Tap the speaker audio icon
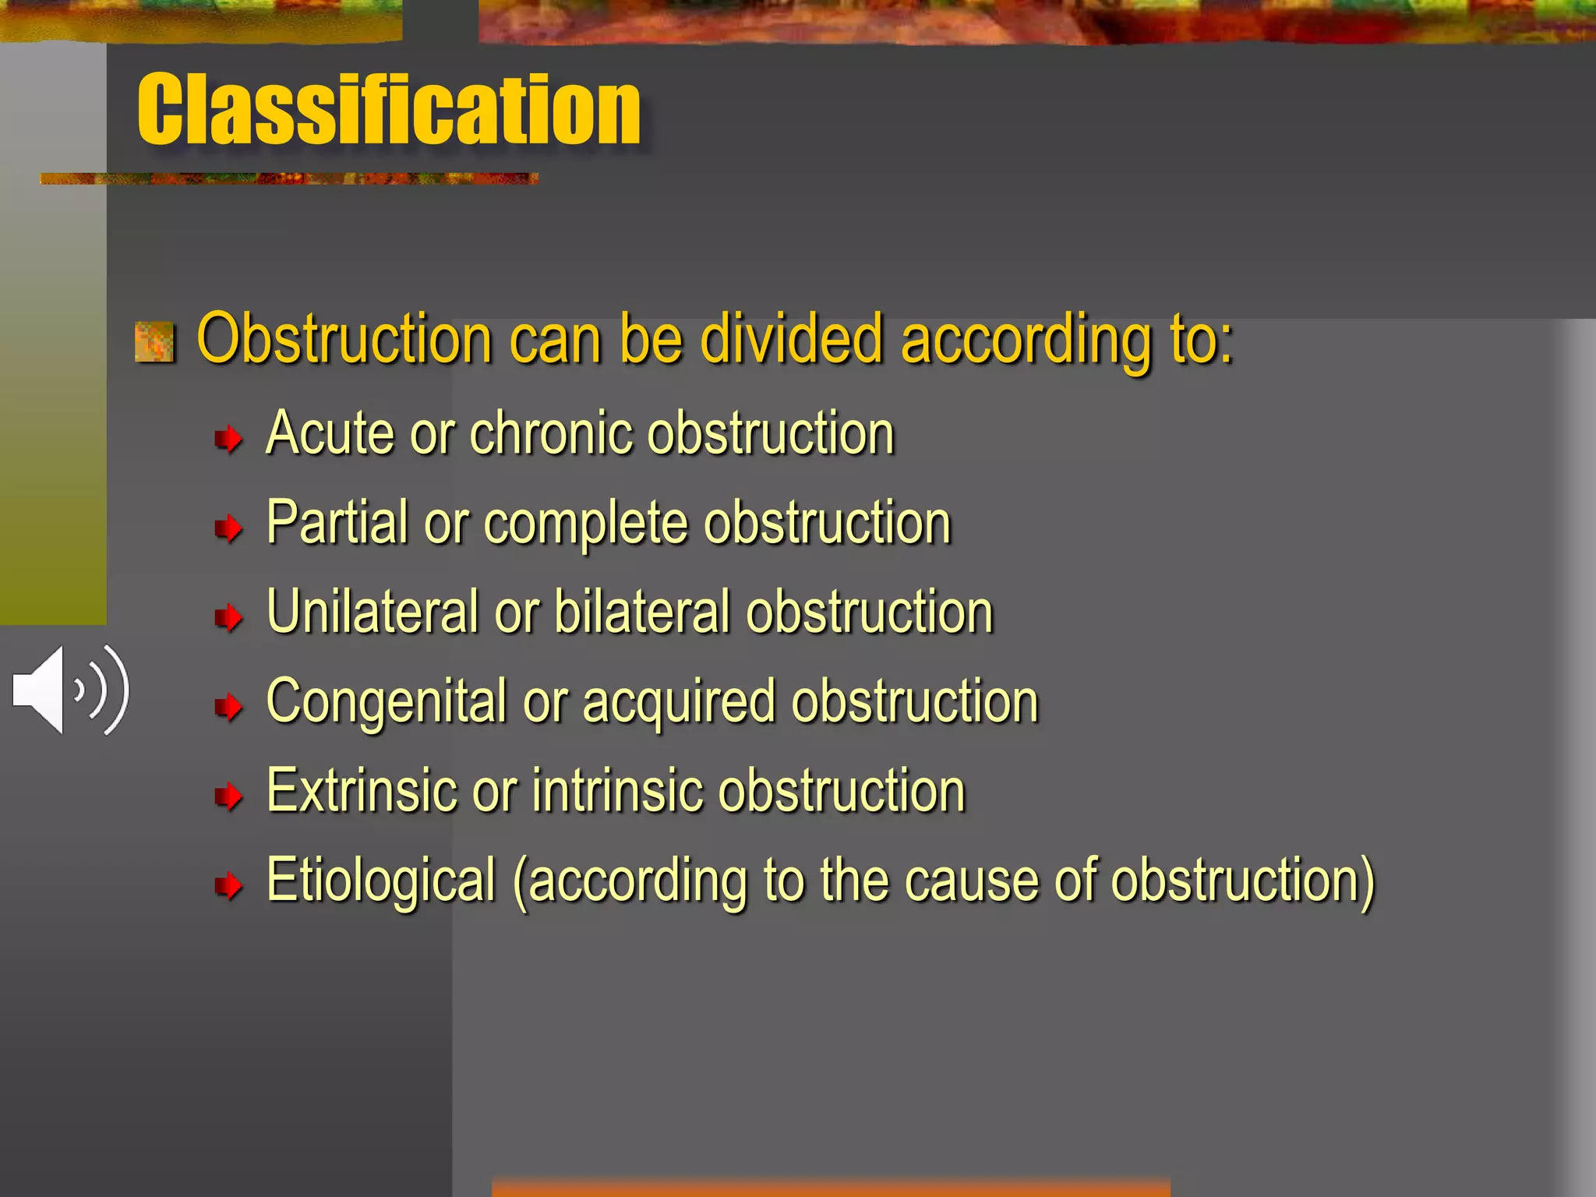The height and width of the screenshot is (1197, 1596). coord(70,690)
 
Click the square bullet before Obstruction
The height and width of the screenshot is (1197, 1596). coord(154,342)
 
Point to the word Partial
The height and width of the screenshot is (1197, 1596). coord(337,522)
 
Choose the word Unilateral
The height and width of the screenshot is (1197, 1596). coord(373,612)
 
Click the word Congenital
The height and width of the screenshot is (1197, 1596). coord(387,702)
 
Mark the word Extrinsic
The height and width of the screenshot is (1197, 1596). coord(361,791)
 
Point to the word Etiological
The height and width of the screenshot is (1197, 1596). coord(381,881)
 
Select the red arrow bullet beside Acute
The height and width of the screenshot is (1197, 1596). coord(228,440)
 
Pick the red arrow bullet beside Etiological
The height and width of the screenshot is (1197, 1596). coord(228,886)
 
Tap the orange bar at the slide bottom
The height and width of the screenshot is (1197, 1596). coord(830,1188)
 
